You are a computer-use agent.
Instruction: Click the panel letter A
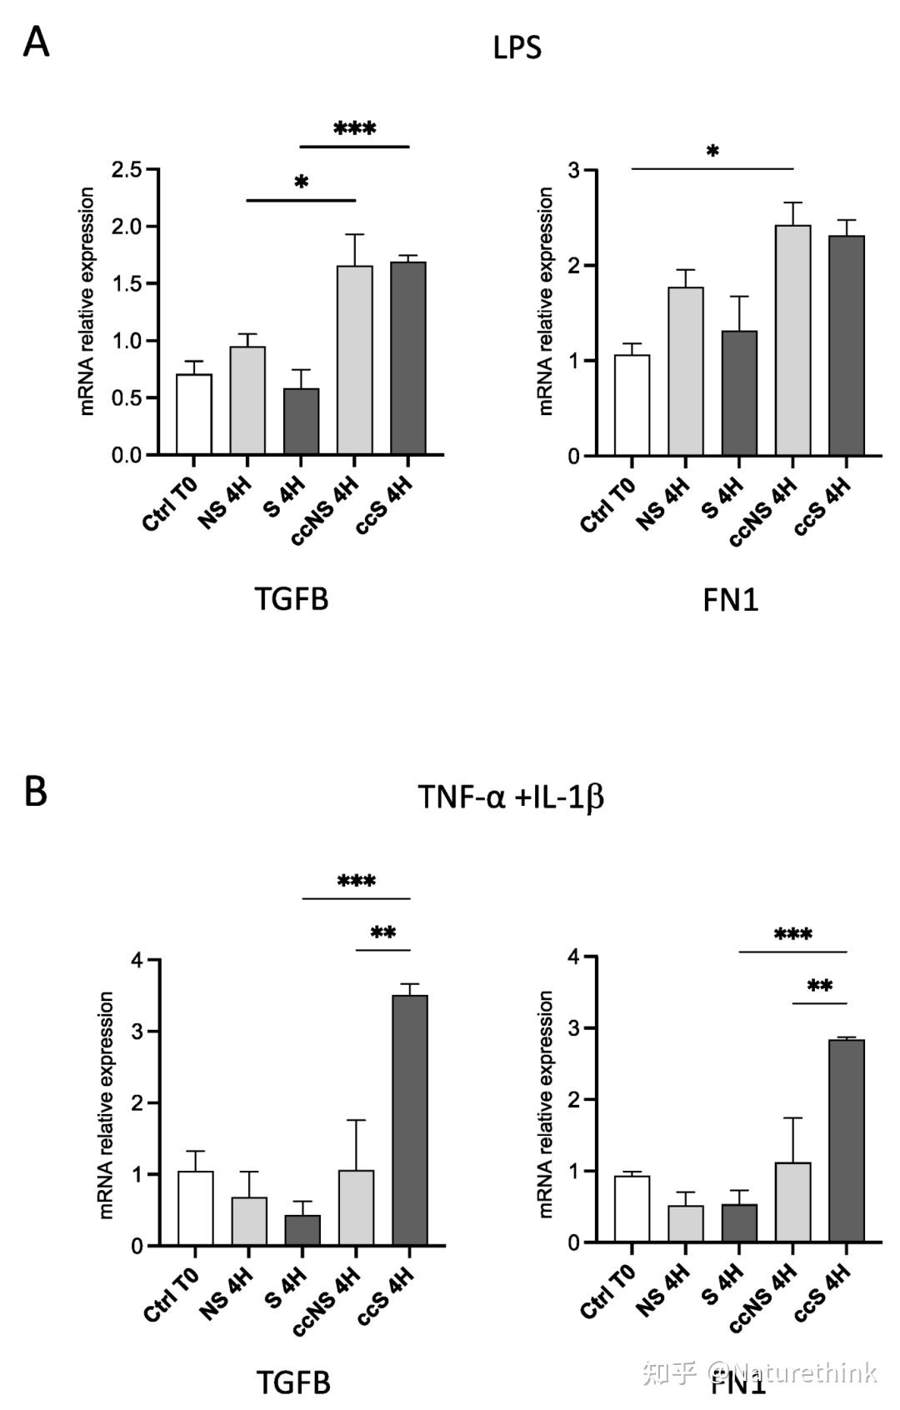36,42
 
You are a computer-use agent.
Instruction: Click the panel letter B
35,791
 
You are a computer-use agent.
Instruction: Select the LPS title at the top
517,47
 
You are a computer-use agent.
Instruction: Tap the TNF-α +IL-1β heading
510,797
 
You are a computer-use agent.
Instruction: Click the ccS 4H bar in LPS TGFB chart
408,358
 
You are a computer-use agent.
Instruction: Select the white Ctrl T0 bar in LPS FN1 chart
632,406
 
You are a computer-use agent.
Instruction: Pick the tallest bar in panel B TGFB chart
409,1120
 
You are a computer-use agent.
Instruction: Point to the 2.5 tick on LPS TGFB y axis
127,170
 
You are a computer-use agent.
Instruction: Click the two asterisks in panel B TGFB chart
382,933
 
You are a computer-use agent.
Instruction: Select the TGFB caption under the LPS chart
291,598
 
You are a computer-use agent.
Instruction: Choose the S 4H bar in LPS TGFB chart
301,422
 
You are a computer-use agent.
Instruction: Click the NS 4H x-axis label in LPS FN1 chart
664,502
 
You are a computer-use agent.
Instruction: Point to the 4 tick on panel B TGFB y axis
137,960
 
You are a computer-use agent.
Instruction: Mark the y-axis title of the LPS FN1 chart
546,301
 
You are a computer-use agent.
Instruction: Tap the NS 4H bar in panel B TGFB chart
248,1222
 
